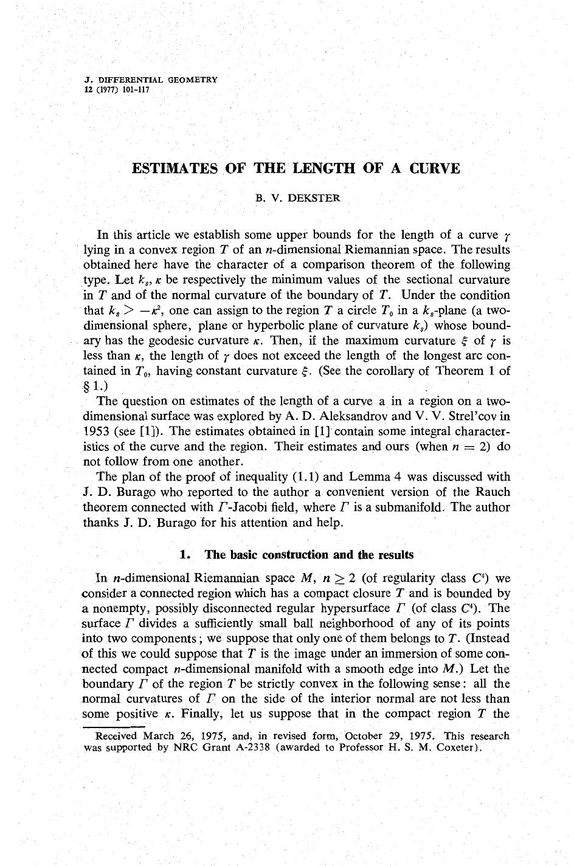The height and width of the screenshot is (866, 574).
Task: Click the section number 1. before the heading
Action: click(x=185, y=555)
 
